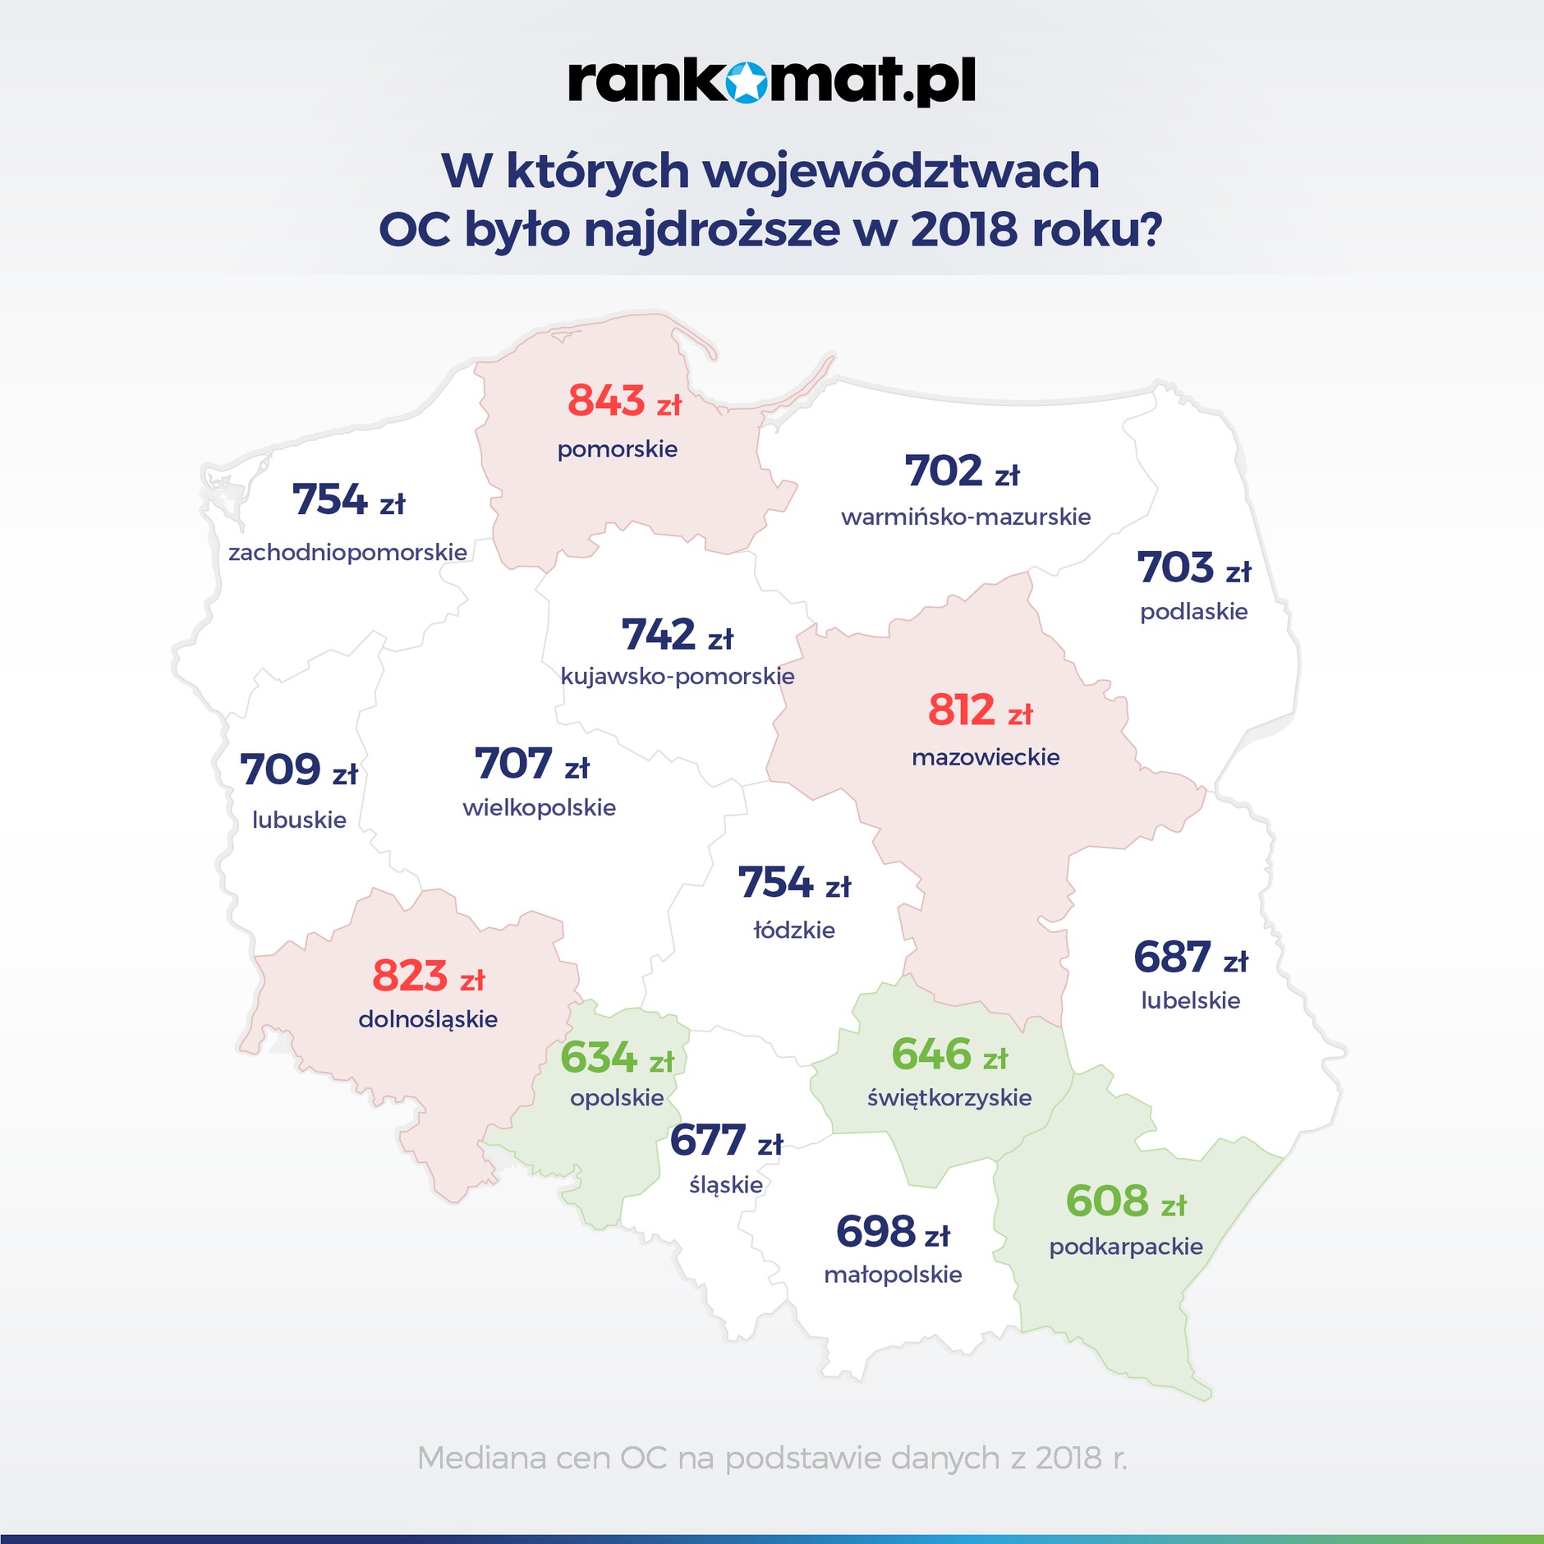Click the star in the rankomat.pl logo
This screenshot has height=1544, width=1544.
pyautogui.click(x=746, y=82)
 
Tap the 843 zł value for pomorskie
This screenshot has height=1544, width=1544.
pyautogui.click(x=624, y=402)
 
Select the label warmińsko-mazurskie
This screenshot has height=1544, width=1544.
pyautogui.click(x=966, y=517)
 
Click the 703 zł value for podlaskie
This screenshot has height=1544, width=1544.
pyautogui.click(x=1193, y=568)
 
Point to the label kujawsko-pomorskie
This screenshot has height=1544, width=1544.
pyautogui.click(x=678, y=676)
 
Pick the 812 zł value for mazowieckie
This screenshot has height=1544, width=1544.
pyautogui.click(x=980, y=710)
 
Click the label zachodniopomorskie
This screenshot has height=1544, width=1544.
pyautogui.click(x=347, y=552)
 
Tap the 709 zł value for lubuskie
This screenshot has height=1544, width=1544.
pyautogui.click(x=298, y=770)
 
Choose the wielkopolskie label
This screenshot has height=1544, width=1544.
pyautogui.click(x=539, y=807)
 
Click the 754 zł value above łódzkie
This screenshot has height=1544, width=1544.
pyautogui.click(x=794, y=883)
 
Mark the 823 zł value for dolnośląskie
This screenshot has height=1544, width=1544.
pyautogui.click(x=428, y=976)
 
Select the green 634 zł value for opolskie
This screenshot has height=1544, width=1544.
pyautogui.click(x=617, y=1058)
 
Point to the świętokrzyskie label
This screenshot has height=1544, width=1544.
pyautogui.click(x=949, y=1097)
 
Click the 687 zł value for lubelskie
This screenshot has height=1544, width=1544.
pyautogui.click(x=1190, y=958)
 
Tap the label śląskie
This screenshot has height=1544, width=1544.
pyautogui.click(x=726, y=1184)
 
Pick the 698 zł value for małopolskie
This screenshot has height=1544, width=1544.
pyautogui.click(x=893, y=1232)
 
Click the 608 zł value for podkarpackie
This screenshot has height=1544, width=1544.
pyautogui.click(x=1126, y=1202)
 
